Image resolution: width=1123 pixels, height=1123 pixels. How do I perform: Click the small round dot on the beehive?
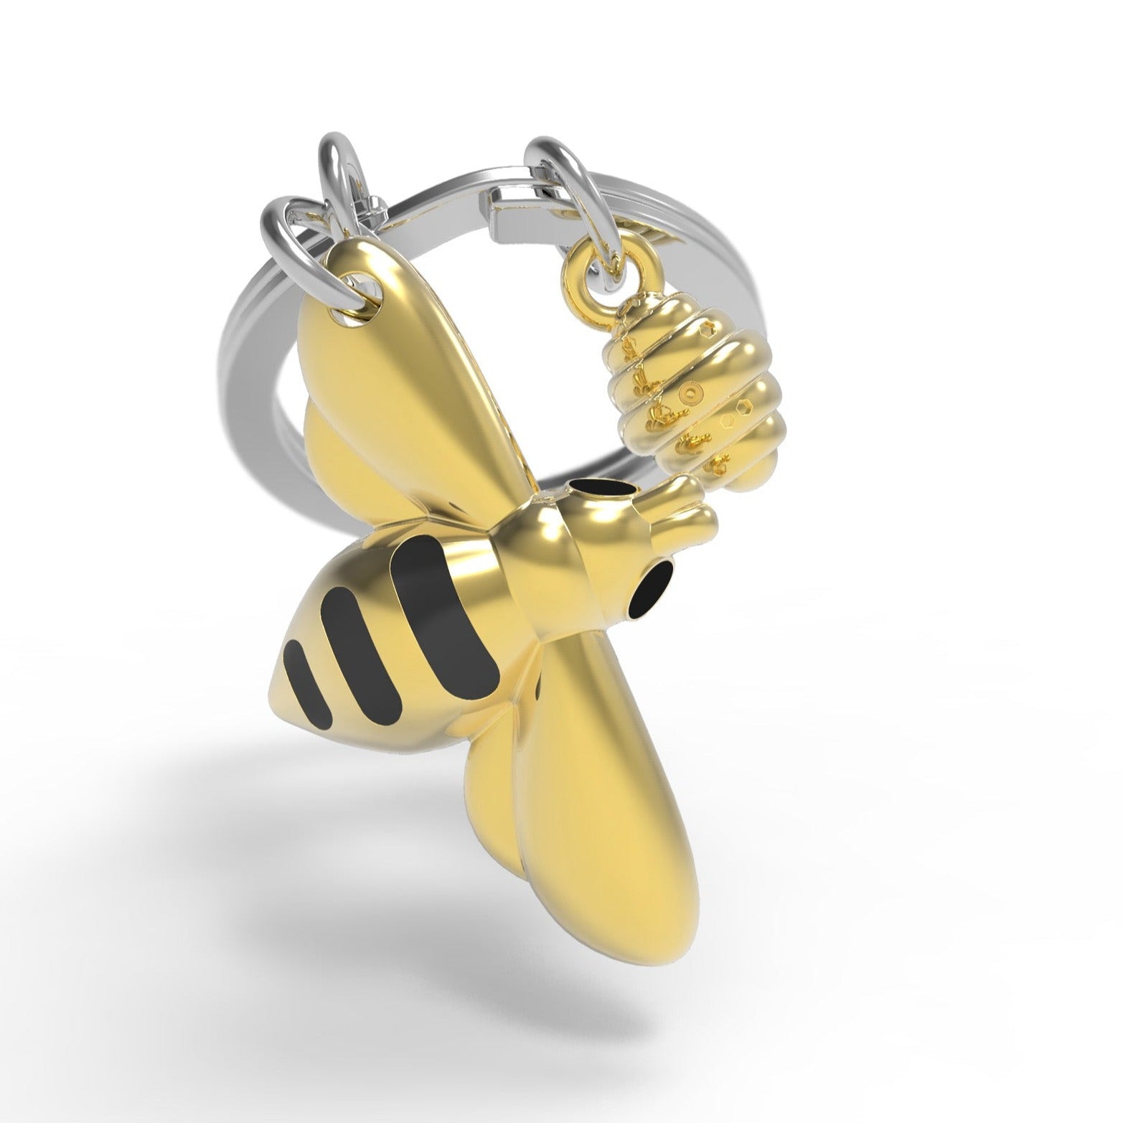[690, 393]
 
